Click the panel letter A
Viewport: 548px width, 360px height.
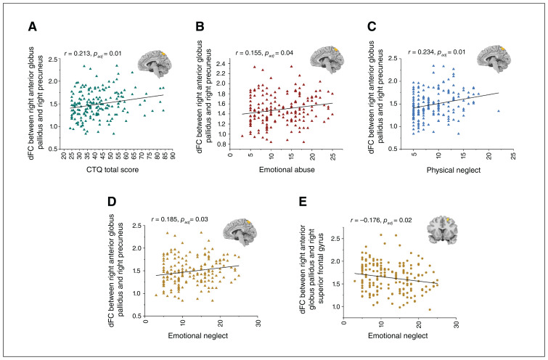click(32, 27)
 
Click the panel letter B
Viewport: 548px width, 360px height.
click(200, 27)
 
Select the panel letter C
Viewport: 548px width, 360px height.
click(371, 27)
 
